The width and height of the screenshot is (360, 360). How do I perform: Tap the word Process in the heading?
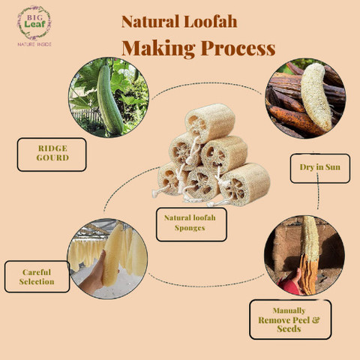[238, 48]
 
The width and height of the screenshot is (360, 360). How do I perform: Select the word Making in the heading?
[158, 49]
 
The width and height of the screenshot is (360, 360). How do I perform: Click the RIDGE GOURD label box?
[52, 154]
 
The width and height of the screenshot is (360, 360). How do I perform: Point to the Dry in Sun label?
[320, 168]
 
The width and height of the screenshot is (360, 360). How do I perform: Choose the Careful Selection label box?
[37, 277]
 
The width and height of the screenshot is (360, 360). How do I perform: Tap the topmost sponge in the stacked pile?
[210, 123]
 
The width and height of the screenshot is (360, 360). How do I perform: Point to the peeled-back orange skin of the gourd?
[308, 274]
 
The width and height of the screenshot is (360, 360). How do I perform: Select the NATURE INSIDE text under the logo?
[34, 44]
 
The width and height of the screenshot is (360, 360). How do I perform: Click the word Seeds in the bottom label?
[289, 328]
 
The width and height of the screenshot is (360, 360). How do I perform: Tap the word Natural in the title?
[151, 22]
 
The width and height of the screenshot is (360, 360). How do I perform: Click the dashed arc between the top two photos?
[207, 85]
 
